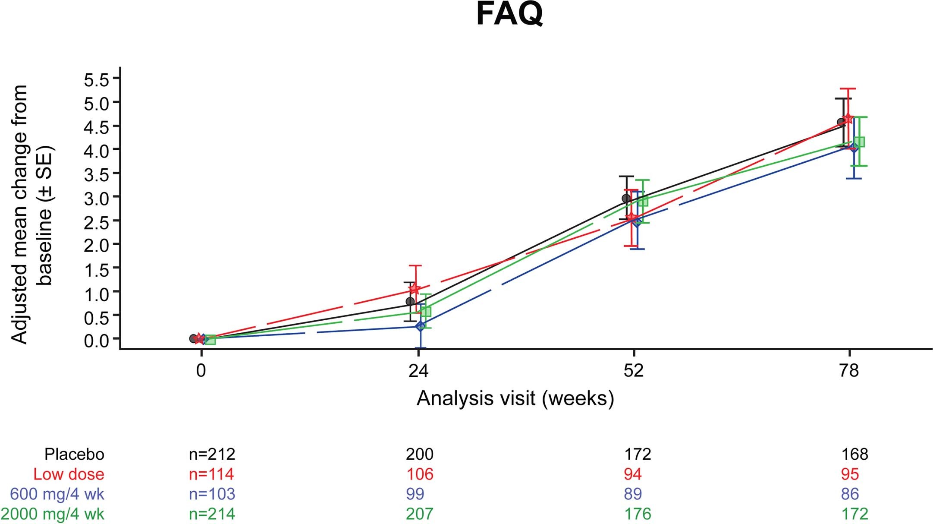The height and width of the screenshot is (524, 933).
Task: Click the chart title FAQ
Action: (509, 15)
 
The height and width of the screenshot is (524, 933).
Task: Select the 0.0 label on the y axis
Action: (98, 340)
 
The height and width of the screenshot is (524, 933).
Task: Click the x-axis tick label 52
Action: (633, 371)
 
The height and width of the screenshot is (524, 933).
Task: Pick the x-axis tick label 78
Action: (849, 371)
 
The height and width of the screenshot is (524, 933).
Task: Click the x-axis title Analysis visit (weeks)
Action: (515, 398)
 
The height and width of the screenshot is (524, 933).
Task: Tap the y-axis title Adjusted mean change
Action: (19, 215)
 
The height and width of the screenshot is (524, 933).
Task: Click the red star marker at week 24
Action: (415, 288)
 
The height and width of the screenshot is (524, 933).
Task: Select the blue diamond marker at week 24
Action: (420, 326)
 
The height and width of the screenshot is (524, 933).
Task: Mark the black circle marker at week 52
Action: (626, 199)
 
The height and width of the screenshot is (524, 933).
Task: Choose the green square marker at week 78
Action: (859, 142)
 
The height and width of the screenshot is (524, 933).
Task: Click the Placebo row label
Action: (74, 454)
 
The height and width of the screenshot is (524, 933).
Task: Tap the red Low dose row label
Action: (69, 474)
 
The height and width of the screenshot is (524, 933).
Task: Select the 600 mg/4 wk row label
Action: (57, 494)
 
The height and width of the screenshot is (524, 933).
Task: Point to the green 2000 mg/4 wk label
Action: (52, 514)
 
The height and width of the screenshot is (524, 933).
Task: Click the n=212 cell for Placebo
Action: (212, 454)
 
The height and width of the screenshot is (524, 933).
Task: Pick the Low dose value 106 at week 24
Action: (419, 474)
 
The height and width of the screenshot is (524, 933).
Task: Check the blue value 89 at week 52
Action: (632, 494)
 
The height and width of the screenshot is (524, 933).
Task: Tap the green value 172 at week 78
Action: (854, 514)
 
